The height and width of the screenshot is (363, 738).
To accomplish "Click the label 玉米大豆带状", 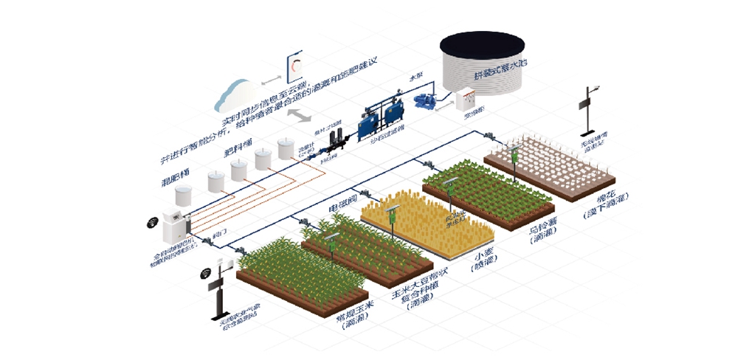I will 418,284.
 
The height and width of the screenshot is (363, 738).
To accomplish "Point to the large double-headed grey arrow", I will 298,116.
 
